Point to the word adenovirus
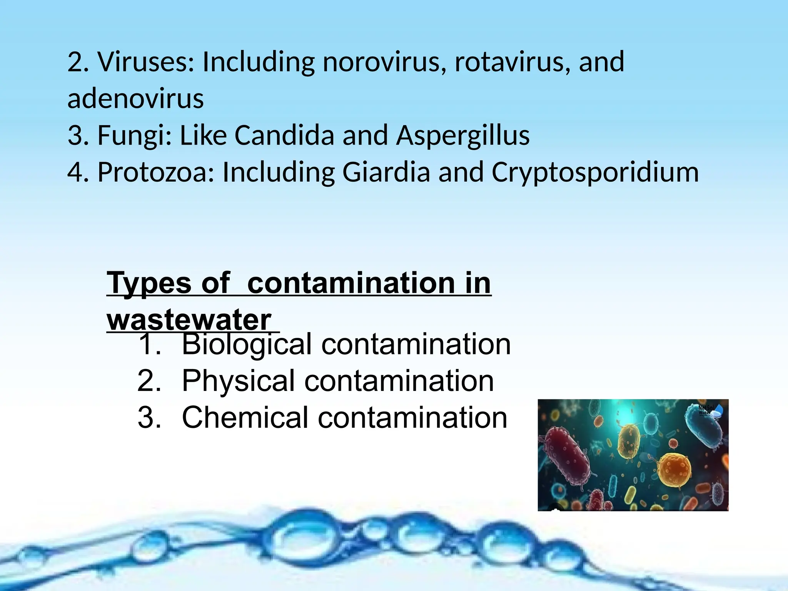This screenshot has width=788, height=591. coord(135,98)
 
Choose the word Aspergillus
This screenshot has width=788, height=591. coord(463,135)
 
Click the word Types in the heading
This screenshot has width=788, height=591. coord(149,283)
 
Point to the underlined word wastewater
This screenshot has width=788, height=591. coord(189,320)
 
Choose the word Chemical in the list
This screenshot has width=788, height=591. coord(245,418)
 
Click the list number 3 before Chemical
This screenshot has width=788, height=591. coord(149,418)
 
